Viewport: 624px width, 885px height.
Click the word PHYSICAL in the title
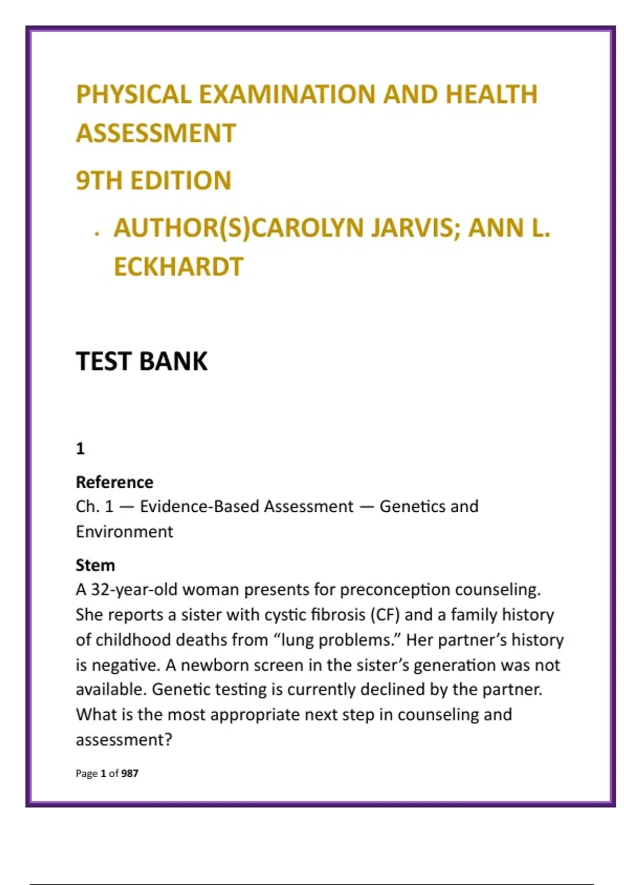(x=134, y=95)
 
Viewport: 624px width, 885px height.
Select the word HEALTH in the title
(x=491, y=95)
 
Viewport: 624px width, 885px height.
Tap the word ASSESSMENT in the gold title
(x=156, y=133)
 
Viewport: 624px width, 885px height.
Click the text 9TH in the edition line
(x=99, y=181)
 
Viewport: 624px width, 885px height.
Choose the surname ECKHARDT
(x=178, y=267)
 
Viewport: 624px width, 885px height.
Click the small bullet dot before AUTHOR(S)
(x=97, y=234)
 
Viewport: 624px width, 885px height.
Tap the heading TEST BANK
(x=141, y=361)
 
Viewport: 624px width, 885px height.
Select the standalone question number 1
(x=80, y=449)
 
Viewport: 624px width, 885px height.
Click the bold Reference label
(x=114, y=482)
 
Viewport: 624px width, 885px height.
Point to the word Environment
(x=124, y=532)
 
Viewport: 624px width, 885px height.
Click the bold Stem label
(x=95, y=565)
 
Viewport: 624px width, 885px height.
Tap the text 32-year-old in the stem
(x=134, y=590)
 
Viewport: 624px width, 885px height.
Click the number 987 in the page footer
(x=130, y=774)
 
